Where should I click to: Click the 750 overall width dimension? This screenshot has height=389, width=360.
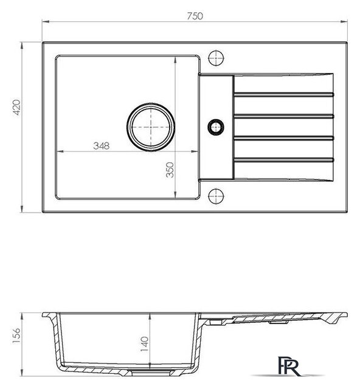pos(195,16)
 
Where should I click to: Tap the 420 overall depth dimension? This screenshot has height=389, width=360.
pos(17,107)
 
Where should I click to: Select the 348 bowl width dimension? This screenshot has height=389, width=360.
pos(102,146)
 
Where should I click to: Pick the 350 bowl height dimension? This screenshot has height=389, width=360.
pos(170,170)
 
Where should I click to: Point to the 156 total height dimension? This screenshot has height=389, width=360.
pos(16,336)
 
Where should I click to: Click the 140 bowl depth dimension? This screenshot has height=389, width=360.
pos(145,344)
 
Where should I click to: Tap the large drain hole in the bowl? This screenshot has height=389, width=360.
pos(151,127)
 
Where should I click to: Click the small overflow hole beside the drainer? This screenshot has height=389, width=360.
pos(216,127)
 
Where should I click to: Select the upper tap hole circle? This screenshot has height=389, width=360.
pos(216,58)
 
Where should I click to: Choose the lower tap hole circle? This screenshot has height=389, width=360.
pos(216,196)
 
